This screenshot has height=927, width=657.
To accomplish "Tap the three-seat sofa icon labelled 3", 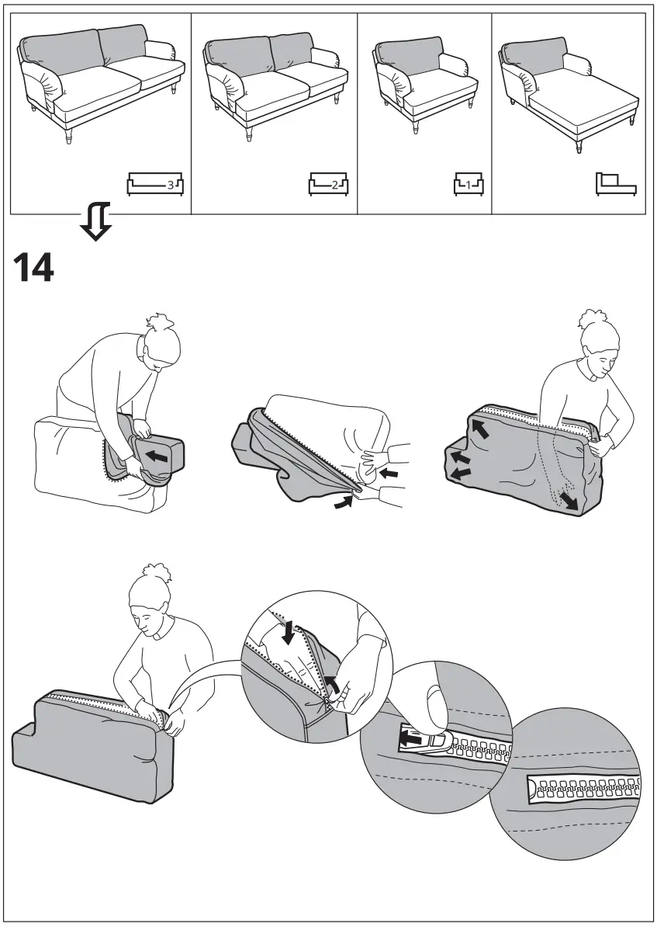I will coord(155,186).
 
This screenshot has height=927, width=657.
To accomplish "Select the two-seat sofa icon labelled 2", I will coord(328,186).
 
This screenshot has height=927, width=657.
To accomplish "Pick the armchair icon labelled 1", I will coord(468,185).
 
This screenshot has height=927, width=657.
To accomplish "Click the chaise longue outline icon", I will coord(615,184).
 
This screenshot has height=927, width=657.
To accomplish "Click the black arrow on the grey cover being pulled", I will coord(158,454).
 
